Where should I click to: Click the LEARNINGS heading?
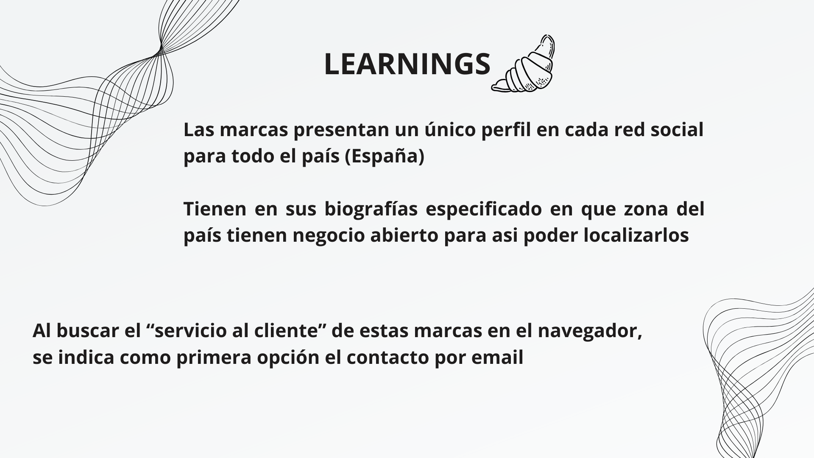click(407, 64)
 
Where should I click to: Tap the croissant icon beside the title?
click(524, 64)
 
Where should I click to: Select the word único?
click(449, 129)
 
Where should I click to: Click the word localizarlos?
click(636, 235)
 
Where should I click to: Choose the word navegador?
click(590, 332)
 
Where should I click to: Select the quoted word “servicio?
click(190, 331)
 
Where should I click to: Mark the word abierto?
click(404, 235)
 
